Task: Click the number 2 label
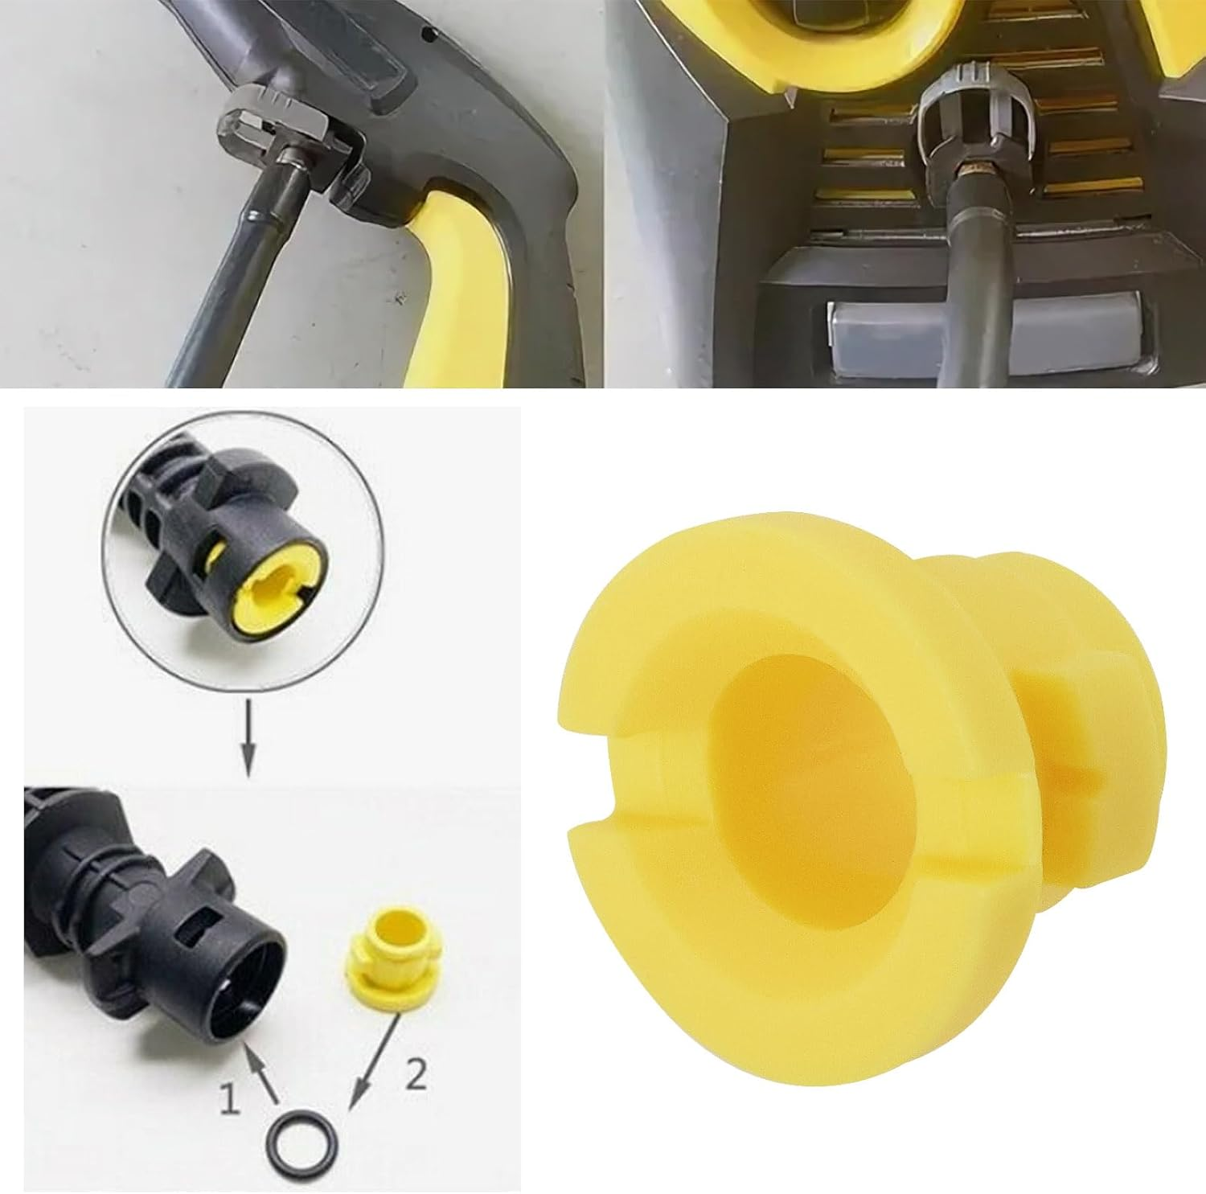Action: pyautogui.click(x=416, y=1075)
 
